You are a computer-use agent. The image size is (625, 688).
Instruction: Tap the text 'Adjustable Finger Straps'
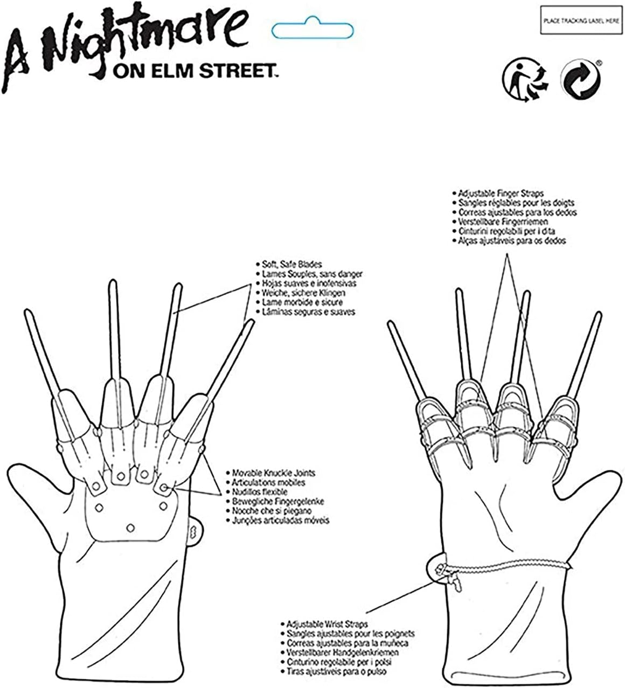pyautogui.click(x=501, y=193)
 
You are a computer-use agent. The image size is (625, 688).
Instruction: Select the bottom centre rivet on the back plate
pyautogui.click(x=131, y=526)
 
